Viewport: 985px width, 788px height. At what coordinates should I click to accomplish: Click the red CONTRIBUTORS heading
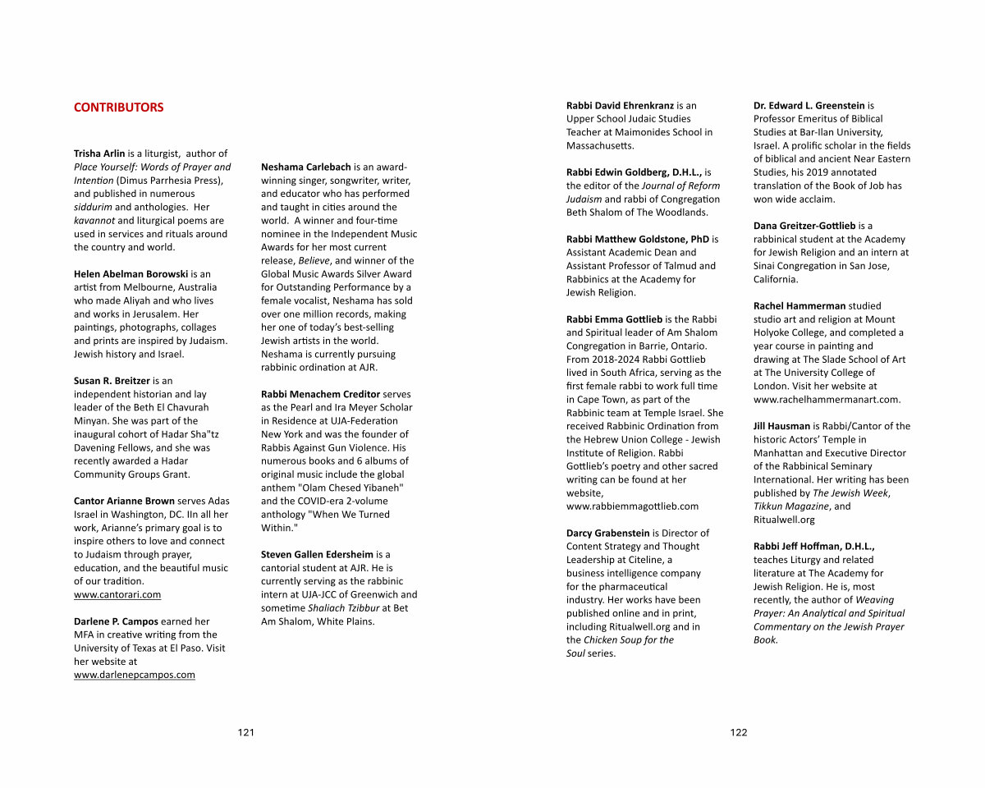click(x=118, y=108)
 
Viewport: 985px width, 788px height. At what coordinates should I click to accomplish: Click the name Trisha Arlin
click(x=99, y=153)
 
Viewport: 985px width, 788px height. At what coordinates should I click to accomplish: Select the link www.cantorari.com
click(x=117, y=594)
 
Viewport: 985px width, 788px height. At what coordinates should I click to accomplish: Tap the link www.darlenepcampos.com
click(x=135, y=675)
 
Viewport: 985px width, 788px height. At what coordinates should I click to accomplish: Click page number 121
click(x=246, y=733)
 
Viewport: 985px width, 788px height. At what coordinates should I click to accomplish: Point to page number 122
click(x=739, y=733)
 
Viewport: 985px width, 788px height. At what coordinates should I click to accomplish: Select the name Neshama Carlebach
click(x=305, y=167)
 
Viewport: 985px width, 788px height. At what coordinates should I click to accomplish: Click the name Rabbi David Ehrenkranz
click(x=620, y=106)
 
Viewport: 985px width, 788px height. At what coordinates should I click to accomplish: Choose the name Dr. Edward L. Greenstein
click(x=809, y=106)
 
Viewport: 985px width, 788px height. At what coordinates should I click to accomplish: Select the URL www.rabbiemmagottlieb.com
click(x=632, y=506)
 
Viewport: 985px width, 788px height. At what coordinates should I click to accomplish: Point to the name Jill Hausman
click(x=781, y=426)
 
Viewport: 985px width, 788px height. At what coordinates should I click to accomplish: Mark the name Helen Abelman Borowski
click(x=131, y=274)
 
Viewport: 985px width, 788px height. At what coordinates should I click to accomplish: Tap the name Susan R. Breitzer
click(x=112, y=381)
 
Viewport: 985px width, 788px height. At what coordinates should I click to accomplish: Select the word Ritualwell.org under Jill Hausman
click(x=784, y=520)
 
